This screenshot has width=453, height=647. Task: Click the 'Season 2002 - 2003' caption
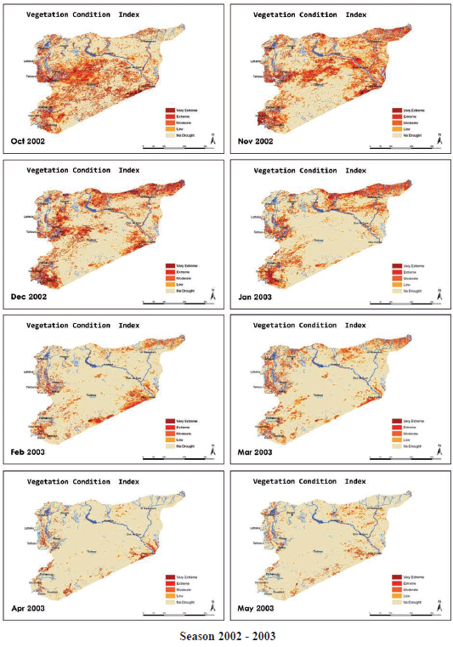(227, 635)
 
